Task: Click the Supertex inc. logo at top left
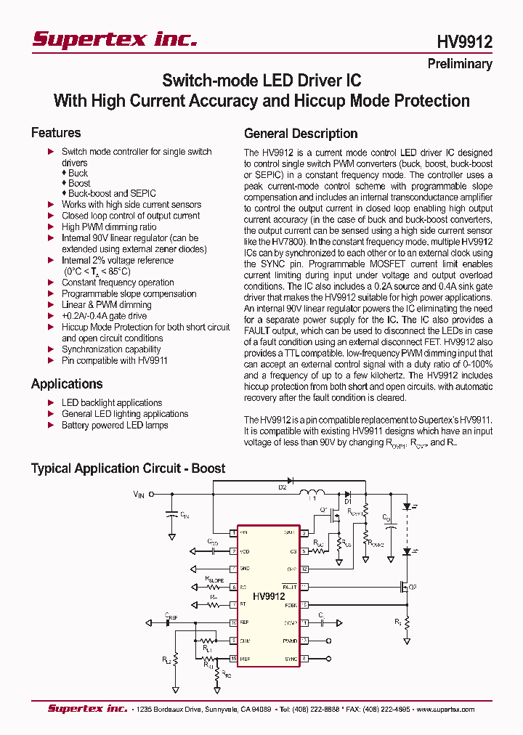[114, 40]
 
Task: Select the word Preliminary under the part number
[459, 64]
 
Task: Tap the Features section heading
[56, 133]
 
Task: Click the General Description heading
[301, 134]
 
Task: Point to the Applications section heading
[67, 384]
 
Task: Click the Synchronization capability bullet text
[111, 349]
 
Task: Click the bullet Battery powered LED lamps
[114, 425]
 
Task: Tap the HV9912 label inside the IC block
[269, 596]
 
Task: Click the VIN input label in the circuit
[139, 494]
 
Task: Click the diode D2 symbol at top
[290, 481]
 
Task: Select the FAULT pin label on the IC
[291, 586]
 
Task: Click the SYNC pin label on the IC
[291, 658]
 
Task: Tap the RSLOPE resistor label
[216, 580]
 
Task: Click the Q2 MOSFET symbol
[403, 587]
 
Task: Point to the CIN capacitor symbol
[172, 513]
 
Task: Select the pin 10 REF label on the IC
[245, 622]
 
